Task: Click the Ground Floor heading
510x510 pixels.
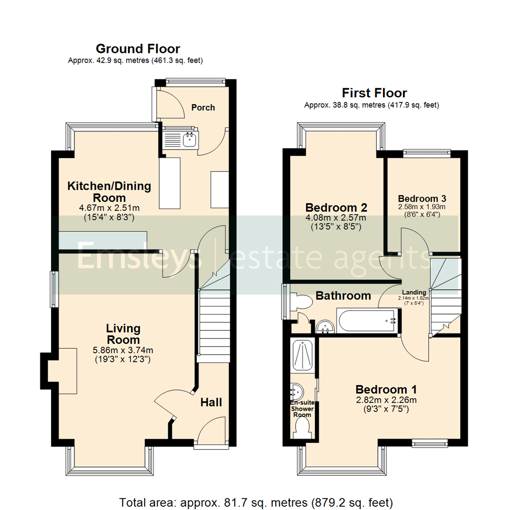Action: (137, 49)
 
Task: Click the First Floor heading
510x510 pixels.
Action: (374, 93)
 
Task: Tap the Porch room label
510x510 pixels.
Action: (203, 108)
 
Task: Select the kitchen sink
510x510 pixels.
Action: (190, 139)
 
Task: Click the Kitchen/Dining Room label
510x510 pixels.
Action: (109, 192)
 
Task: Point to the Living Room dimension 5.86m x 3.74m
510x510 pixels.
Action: (123, 350)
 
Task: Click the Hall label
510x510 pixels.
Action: (211, 402)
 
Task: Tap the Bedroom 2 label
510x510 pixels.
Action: (336, 207)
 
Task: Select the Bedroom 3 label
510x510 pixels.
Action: (422, 198)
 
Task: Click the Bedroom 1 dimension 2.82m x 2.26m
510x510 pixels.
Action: (386, 401)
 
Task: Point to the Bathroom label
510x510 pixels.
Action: (343, 296)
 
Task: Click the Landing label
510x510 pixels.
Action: (414, 293)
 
